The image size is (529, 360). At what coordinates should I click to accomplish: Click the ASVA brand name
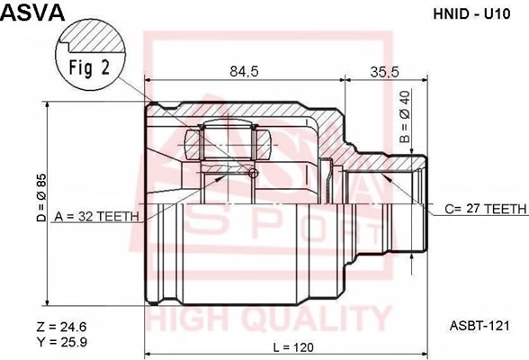pyautogui.click(x=31, y=13)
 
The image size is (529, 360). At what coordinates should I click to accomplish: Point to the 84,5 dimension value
pyautogui.click(x=239, y=73)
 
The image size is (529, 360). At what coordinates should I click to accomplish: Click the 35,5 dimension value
pyautogui.click(x=384, y=73)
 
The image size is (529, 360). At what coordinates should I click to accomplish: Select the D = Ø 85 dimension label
pyautogui.click(x=40, y=201)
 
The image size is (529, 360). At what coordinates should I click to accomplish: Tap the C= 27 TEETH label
pyautogui.click(x=485, y=208)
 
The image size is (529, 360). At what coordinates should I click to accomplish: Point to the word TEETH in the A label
pyautogui.click(x=119, y=217)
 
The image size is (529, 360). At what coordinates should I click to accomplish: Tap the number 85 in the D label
pyautogui.click(x=40, y=185)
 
